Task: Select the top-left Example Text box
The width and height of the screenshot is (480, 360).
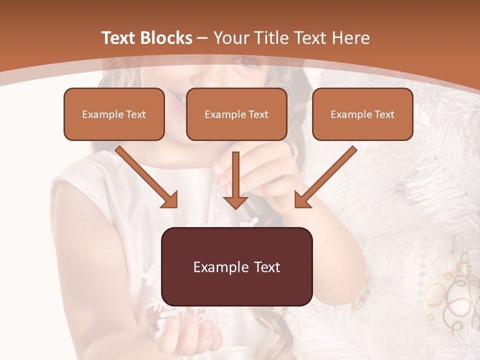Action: [114, 114]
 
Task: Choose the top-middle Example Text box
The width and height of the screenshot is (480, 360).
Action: [236, 114]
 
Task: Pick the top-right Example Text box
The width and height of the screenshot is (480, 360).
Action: [362, 114]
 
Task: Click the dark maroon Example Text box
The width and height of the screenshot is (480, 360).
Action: [236, 266]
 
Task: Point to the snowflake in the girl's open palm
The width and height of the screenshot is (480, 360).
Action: [170, 317]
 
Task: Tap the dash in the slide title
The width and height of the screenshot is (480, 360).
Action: [202, 38]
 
